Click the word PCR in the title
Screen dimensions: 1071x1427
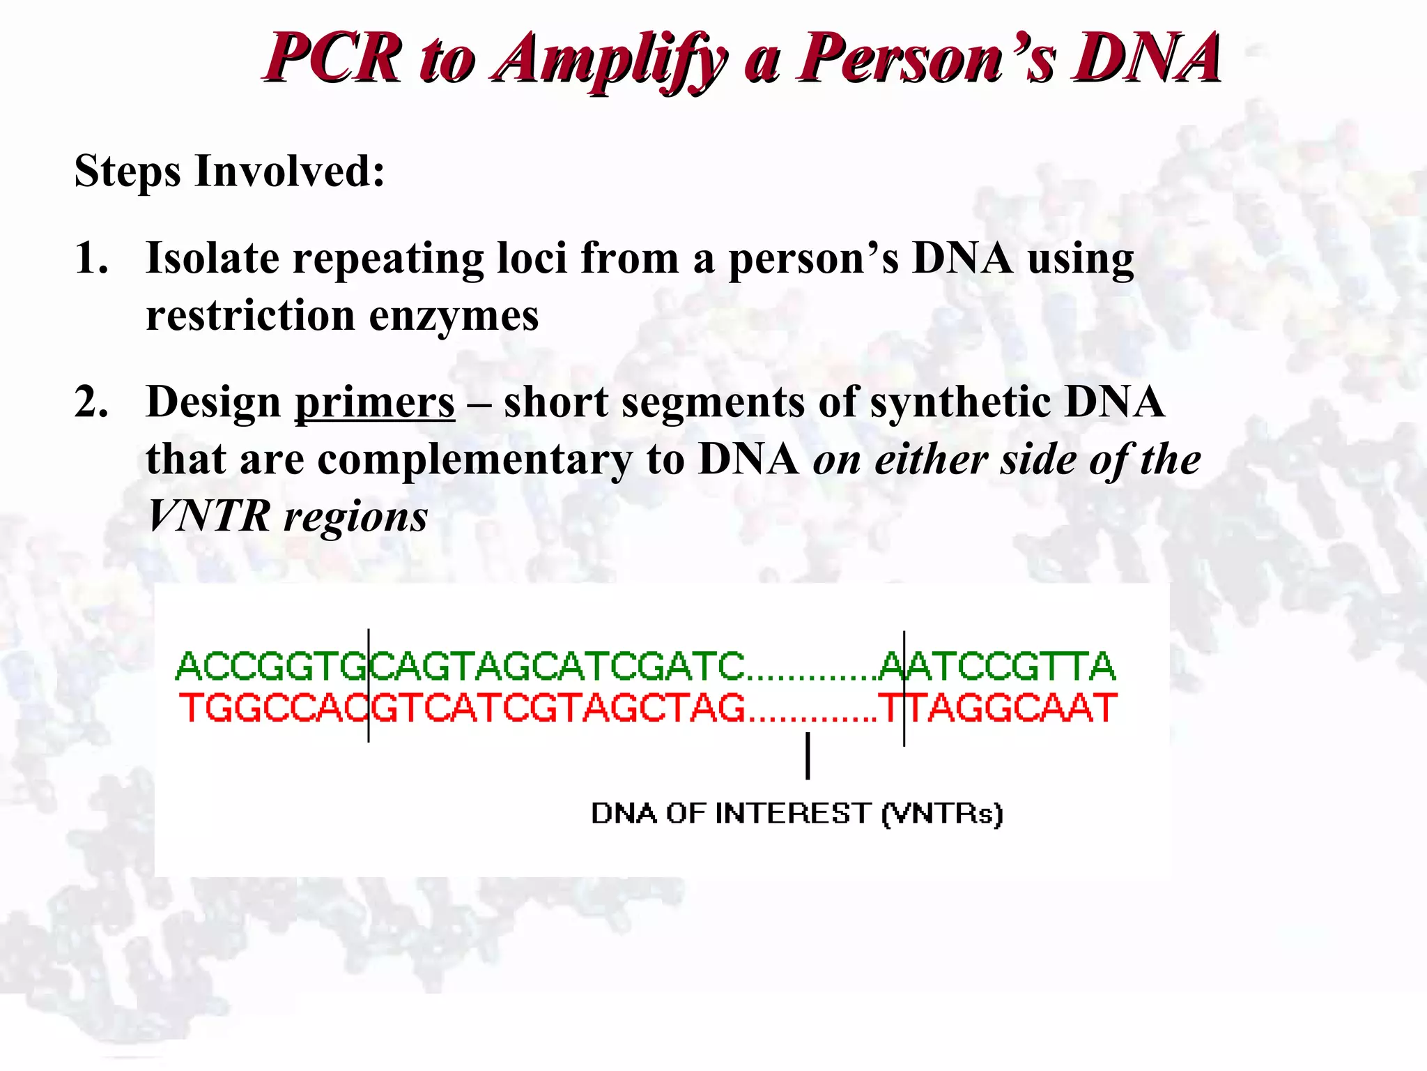pos(333,59)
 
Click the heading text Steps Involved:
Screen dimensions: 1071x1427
pos(229,172)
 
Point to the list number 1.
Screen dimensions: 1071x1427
pos(91,259)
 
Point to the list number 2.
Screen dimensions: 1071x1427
pos(91,402)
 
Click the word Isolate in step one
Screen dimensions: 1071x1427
pos(213,259)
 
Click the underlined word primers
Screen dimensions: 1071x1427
pos(375,403)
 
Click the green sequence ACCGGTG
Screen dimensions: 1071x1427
pos(271,666)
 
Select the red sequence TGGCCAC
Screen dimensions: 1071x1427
pos(272,708)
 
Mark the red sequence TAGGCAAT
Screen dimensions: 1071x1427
pos(1013,708)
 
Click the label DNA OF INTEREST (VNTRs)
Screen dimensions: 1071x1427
pos(796,814)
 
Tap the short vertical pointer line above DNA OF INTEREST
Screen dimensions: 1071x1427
pos(808,756)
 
